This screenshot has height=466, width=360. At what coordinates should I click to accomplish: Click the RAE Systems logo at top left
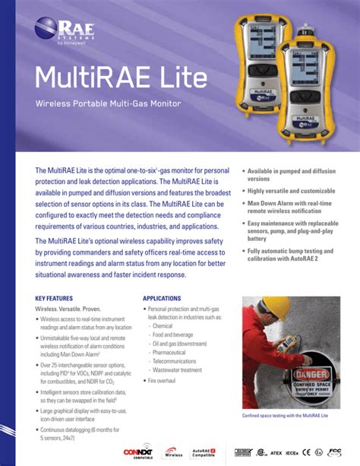point(60,33)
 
